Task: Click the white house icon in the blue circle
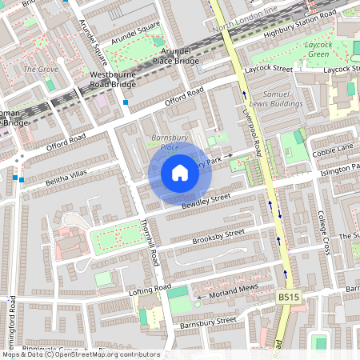pyautogui.click(x=179, y=173)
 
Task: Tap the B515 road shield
pyautogui.click(x=289, y=297)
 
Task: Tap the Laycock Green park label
pyautogui.click(x=318, y=50)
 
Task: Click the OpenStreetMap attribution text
pyautogui.click(x=80, y=354)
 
